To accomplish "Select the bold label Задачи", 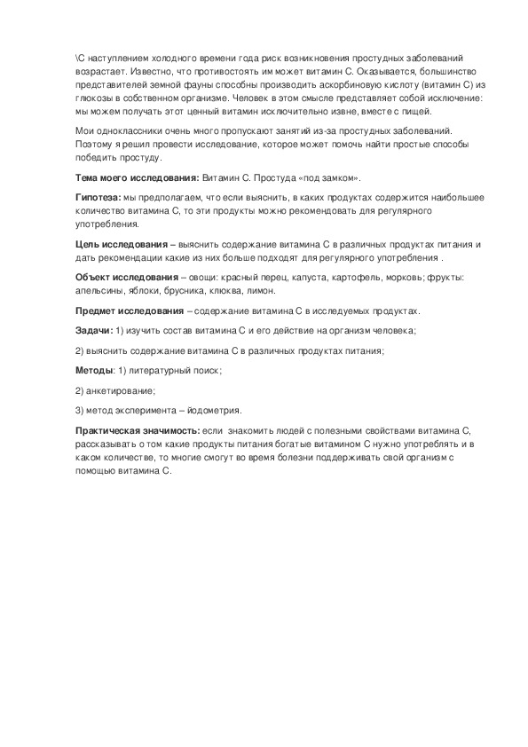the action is (x=93, y=330).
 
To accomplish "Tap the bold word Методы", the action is (x=94, y=370).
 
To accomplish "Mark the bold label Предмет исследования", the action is (x=129, y=311).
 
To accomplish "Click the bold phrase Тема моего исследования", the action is (x=137, y=177).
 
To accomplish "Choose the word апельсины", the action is (x=99, y=290).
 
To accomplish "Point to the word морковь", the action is (x=380, y=277).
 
